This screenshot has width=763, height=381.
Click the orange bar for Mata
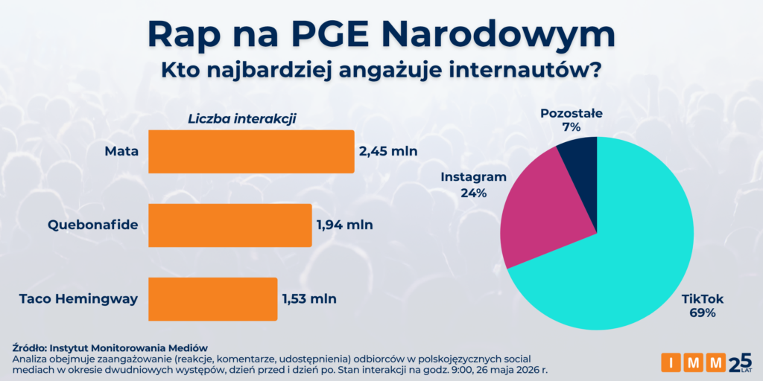point(251,152)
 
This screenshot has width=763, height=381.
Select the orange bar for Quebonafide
point(229,225)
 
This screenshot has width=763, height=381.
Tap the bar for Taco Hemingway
point(212,299)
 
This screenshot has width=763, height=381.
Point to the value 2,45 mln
point(388,152)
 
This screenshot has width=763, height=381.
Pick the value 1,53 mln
point(309,299)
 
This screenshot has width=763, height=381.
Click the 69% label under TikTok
point(703,313)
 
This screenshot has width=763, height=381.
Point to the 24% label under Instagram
point(473,193)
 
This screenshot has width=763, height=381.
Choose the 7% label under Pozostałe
point(572,128)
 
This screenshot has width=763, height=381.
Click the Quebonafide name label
point(93,225)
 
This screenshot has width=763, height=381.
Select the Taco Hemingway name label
point(79,299)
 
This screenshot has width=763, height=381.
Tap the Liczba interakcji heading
point(242,118)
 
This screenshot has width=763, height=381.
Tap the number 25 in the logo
point(740,362)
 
